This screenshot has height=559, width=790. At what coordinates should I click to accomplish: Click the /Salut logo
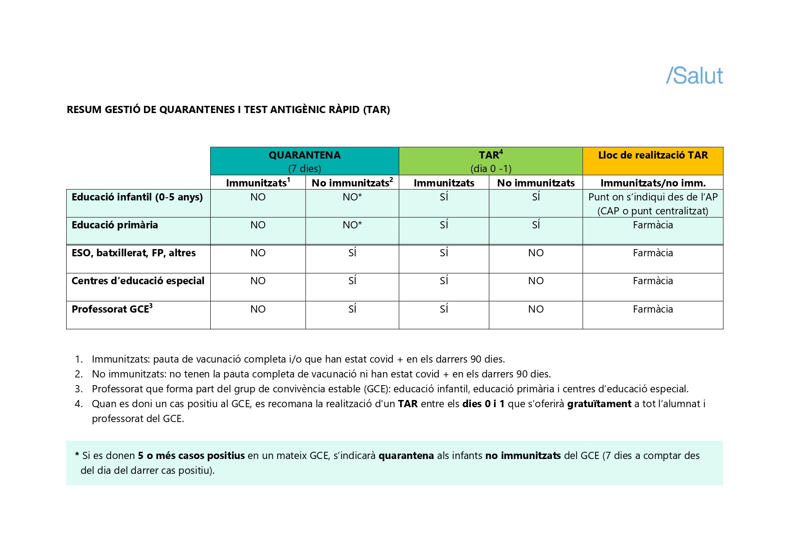[x=694, y=76]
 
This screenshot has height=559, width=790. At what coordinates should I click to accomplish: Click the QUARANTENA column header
[x=304, y=155]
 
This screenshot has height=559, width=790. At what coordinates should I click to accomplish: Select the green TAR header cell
[x=491, y=161]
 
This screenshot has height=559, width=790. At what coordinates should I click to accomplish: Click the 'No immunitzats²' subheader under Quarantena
[x=352, y=183]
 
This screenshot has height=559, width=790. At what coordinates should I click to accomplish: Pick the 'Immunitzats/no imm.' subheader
[x=653, y=183]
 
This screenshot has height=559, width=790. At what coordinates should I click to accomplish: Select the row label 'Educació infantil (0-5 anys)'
[x=137, y=197]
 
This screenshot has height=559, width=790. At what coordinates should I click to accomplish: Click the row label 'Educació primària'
[x=115, y=225]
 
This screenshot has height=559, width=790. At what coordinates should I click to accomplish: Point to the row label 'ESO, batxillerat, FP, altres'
[x=134, y=253]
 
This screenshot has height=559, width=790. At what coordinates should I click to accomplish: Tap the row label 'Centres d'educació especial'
[x=138, y=281]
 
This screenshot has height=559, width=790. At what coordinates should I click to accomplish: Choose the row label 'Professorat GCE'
[x=112, y=309]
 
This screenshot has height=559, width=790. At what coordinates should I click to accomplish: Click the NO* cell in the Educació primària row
[x=352, y=225]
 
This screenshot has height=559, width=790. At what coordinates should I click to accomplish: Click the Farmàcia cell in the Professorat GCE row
[x=653, y=309]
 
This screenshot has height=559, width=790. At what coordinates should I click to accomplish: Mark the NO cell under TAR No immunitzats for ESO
[x=536, y=253]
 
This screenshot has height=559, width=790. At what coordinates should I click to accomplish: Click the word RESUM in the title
[x=84, y=110]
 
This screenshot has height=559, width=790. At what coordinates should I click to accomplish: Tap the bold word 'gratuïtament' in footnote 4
[x=599, y=404]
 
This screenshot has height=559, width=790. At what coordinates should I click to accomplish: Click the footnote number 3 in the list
[x=79, y=389]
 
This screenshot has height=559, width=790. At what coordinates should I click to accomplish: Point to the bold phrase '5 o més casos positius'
[x=191, y=456]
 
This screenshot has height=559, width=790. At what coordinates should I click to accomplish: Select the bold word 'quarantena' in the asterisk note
[x=406, y=456]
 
